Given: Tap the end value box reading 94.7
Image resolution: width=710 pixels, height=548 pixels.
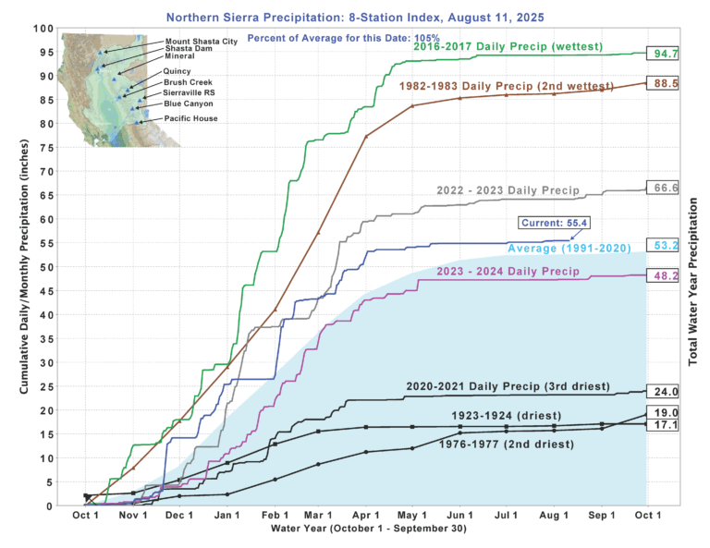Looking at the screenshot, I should click(663, 54).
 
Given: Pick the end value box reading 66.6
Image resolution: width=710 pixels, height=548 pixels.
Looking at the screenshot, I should click(663, 188).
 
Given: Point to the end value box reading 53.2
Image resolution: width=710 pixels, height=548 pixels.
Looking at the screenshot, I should click(663, 246).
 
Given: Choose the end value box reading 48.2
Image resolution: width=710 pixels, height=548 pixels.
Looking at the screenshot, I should click(663, 274).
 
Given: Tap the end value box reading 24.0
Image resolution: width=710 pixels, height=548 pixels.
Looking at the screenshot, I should click(663, 391).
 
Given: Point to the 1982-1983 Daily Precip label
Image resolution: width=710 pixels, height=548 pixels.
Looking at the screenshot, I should click(490, 85).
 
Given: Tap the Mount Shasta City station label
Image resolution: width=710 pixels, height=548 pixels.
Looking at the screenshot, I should click(202, 42).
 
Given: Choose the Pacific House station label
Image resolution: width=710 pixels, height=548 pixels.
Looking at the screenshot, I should click(191, 119).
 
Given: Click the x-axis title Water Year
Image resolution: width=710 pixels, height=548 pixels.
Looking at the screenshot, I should click(367, 529).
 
